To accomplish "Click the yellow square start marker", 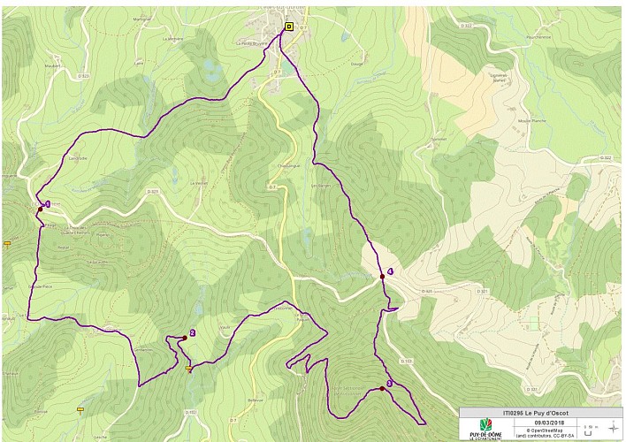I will (x=289, y=27).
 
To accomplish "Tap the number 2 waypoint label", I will (x=192, y=333).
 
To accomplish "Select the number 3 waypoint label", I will (x=389, y=383).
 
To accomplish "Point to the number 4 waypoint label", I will (x=390, y=271).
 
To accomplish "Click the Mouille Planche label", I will (x=531, y=119).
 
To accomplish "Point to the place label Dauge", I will (x=357, y=64).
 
